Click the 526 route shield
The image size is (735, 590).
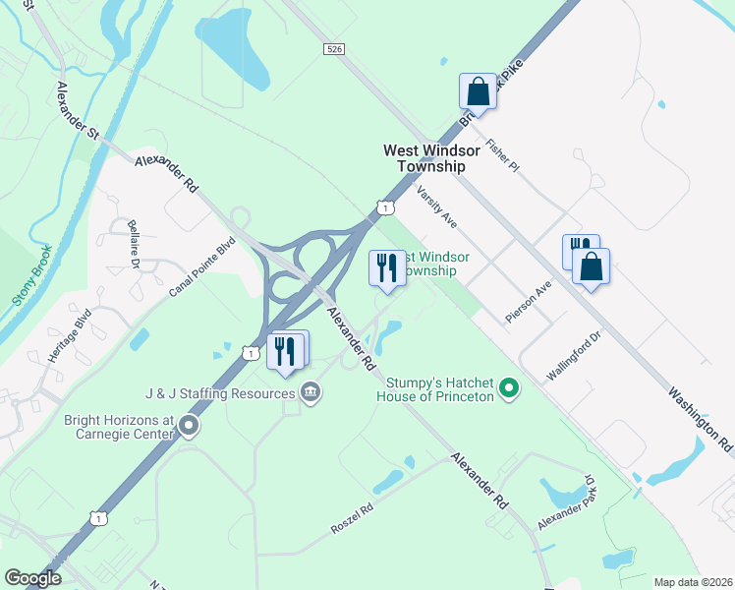pyautogui.click(x=335, y=48)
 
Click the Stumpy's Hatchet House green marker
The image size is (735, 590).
pyautogui.click(x=508, y=389)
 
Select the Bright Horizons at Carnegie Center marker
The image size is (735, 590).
pyautogui.click(x=188, y=426)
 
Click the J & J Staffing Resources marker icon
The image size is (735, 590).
pyautogui.click(x=311, y=394)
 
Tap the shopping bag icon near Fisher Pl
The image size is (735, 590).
pyautogui.click(x=478, y=91)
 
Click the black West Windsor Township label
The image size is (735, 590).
pyautogui.click(x=431, y=158)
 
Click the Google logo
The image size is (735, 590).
pyautogui.click(x=32, y=578)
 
